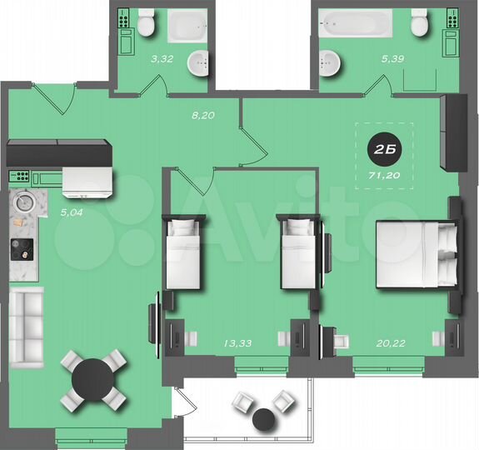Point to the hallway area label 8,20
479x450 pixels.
point(203,116)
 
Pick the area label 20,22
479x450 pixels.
point(387,342)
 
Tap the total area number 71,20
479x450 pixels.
point(382,176)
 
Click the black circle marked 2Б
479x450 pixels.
point(382,150)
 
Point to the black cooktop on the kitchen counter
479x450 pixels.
point(22,248)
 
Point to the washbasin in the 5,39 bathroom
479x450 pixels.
point(331,60)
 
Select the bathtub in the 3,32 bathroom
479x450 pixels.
point(192,25)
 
